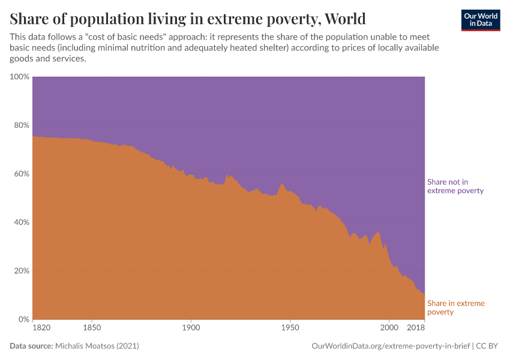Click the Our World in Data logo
480,20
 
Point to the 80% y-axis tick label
20,125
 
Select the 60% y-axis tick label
20,174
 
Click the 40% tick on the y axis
20,222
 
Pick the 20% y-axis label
20,271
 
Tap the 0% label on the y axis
23,319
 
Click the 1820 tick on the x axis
41,328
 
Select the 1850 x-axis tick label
92,328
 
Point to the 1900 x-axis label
191,328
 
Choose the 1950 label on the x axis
290,328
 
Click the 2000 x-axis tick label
389,328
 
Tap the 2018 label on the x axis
416,328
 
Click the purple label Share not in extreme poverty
455,186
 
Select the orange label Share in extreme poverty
455,308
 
